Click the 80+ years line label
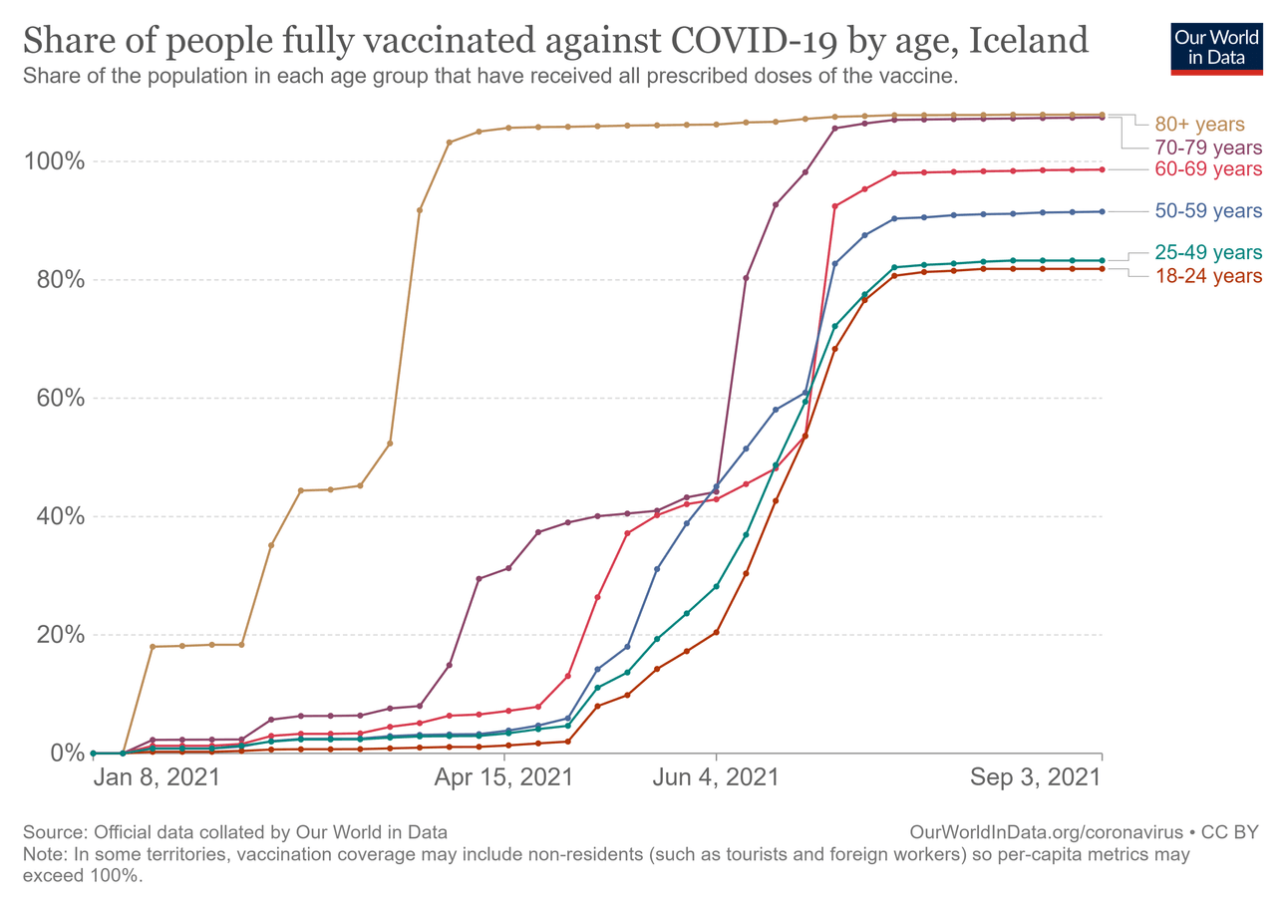1200,125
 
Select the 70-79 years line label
1208,148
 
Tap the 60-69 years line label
1208,169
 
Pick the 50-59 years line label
1208,211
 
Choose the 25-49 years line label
1208,252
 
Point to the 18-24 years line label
1208,275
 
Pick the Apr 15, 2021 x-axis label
504,779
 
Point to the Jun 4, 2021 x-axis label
716,779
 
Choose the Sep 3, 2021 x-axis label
1037,779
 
